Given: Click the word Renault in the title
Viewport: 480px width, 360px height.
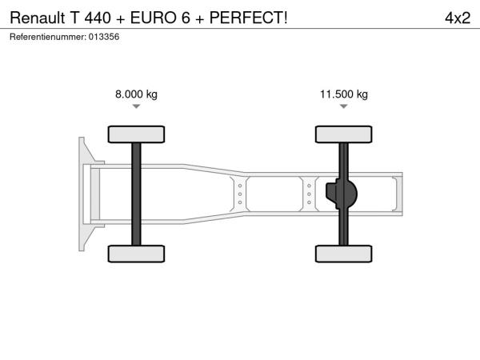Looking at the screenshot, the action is pos(38,18).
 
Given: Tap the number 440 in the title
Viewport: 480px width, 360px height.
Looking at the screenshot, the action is pos(98,18).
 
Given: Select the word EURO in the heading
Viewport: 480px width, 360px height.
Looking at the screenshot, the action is pos(154,18).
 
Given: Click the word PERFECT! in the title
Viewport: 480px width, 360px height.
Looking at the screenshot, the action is pos(248,18).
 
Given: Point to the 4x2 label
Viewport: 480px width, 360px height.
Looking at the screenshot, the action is pos(458,18).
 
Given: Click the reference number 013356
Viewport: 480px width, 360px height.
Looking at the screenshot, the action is pos(104,37).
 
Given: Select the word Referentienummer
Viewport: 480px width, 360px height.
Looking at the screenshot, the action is pos(48,37).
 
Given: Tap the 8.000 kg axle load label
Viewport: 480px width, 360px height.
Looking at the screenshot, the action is pos(136,94).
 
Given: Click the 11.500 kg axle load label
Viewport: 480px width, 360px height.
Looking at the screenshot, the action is pos(344,94).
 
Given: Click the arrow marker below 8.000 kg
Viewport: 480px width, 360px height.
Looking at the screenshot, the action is pos(136,106).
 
